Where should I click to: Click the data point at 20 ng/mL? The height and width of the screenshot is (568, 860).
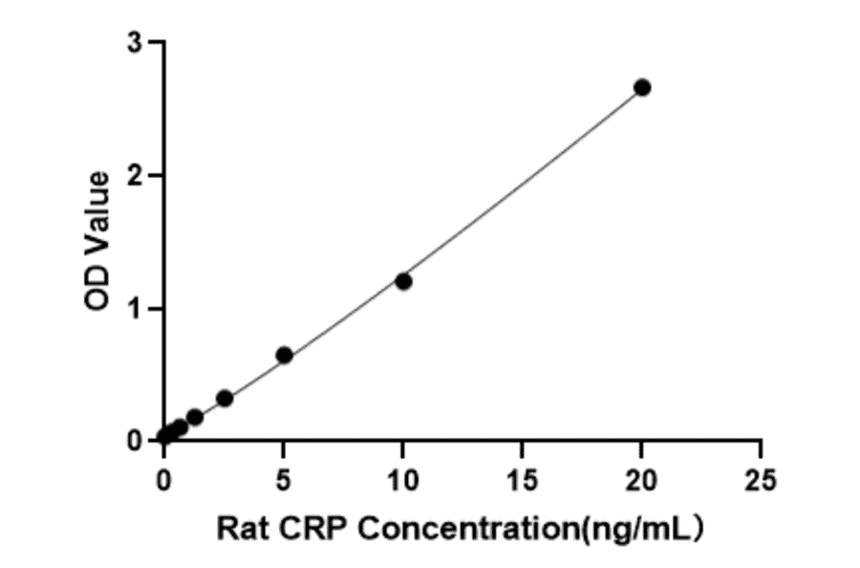tap(642, 87)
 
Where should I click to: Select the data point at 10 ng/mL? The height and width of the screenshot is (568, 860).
tap(403, 281)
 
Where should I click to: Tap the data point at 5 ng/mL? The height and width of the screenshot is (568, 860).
tap(284, 355)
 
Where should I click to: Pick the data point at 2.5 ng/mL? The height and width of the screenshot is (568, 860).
tap(225, 398)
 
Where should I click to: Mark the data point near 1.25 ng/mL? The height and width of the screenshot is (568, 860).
tap(195, 417)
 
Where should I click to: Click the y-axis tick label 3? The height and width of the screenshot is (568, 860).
tap(137, 43)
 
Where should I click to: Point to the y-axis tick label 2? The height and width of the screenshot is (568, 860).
tap(137, 176)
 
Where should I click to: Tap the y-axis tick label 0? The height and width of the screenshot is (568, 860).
tap(137, 441)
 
